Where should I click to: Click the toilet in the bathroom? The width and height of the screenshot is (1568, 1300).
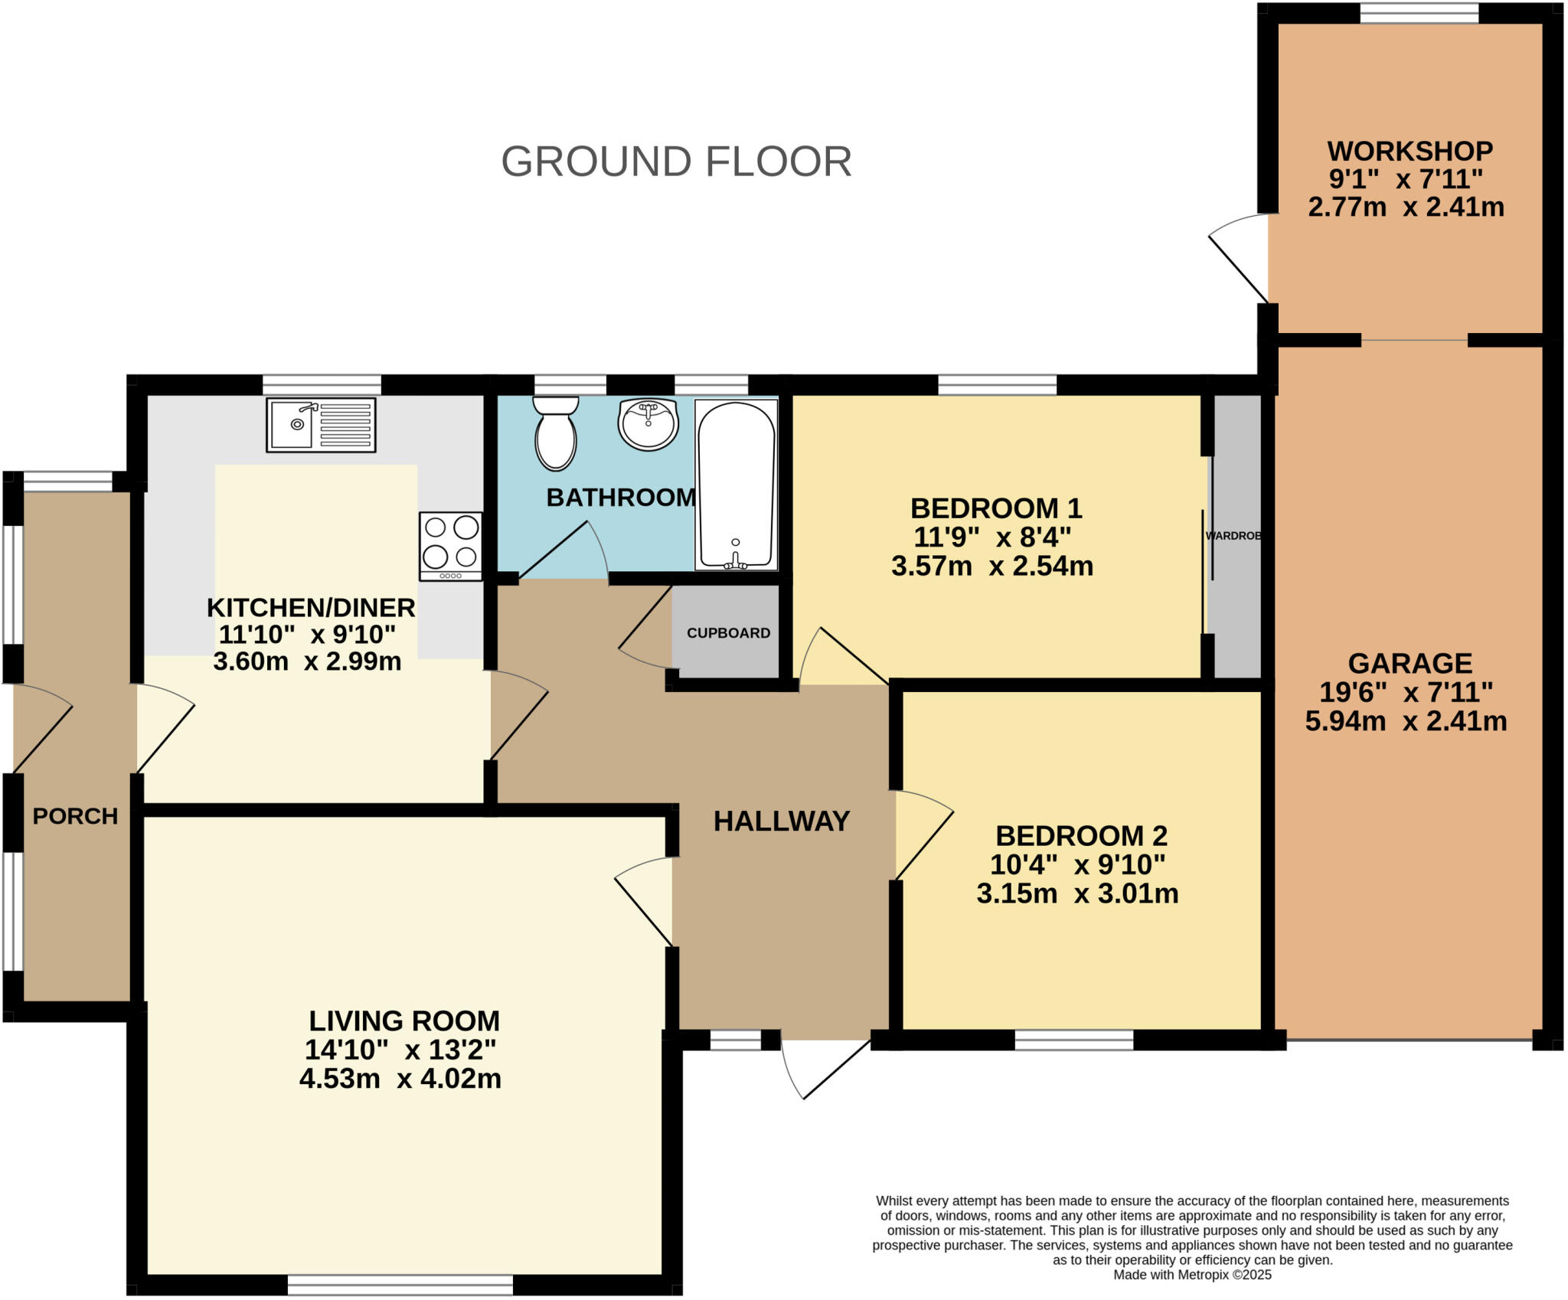[555, 433]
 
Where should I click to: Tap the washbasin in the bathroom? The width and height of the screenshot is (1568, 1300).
[648, 423]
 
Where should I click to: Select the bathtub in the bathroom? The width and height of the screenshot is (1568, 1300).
[736, 485]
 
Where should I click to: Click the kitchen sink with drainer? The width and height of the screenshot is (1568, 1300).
[321, 425]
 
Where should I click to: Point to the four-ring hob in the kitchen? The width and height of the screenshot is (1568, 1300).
[451, 546]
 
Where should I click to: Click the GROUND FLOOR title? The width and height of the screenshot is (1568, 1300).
[676, 162]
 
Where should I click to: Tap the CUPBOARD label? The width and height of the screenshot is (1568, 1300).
[728, 633]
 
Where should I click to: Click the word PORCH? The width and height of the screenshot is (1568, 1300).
[75, 816]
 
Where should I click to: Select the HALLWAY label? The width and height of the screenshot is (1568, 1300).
[782, 821]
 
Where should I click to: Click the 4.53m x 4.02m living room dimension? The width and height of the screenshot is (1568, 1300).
[400, 1079]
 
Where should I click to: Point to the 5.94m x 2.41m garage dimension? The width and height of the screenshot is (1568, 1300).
[1406, 721]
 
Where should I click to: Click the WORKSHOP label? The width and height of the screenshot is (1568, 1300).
[1410, 151]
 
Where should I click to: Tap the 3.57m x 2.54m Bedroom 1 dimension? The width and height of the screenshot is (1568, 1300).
[992, 567]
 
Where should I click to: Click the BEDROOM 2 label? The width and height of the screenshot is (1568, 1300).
[1081, 835]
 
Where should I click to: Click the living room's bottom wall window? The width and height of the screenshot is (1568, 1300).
[400, 1284]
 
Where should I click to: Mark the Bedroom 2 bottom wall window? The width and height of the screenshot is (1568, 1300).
[1074, 1039]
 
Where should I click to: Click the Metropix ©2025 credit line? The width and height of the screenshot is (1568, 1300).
[1192, 1275]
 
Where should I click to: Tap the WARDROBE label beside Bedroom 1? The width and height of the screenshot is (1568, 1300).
[1233, 536]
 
